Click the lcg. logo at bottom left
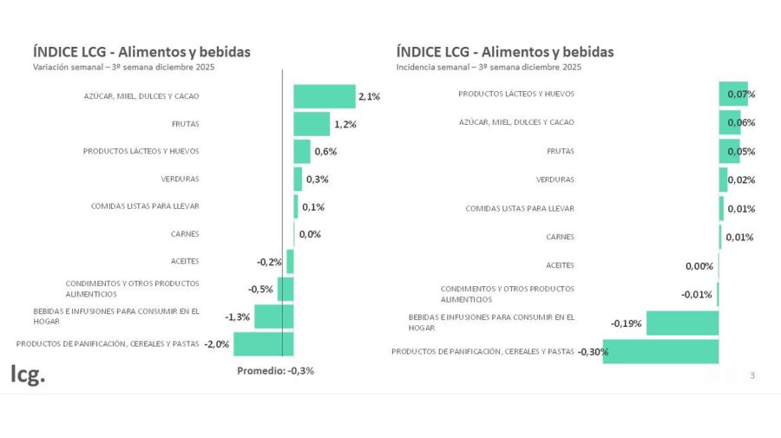[x=28, y=375]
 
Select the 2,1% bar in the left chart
[x=325, y=96]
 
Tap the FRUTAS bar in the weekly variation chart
[x=312, y=124]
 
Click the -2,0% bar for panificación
[x=264, y=343]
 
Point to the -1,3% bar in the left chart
[x=274, y=317]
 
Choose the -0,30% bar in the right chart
[x=661, y=351]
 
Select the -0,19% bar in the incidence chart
[x=683, y=323]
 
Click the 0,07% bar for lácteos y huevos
[x=733, y=94]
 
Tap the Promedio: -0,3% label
[x=275, y=370]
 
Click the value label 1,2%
[x=345, y=124]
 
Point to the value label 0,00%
[x=699, y=266]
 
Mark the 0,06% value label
[x=741, y=122]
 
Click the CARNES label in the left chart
[x=185, y=233]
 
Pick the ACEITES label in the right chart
[x=560, y=265]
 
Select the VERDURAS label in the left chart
[x=180, y=179]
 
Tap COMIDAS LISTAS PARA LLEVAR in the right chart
[x=520, y=208]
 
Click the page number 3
[x=752, y=376]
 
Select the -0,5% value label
[x=260, y=289]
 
